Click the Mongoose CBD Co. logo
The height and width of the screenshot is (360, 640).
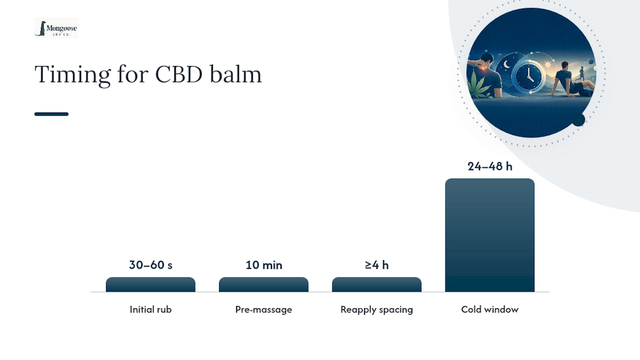click(56, 28)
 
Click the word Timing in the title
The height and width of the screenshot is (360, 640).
click(72, 75)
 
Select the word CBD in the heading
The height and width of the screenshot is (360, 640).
click(178, 74)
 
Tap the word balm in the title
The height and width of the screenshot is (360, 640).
click(235, 74)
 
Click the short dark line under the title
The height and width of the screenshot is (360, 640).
click(51, 114)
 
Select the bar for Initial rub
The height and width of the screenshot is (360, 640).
click(150, 284)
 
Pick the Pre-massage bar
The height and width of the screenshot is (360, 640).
click(263, 284)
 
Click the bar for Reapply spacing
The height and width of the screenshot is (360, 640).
click(376, 284)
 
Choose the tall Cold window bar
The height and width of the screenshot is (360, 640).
click(489, 235)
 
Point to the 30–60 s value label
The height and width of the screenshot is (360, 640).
click(150, 265)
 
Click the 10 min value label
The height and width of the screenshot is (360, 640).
click(263, 265)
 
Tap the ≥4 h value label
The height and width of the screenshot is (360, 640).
click(376, 265)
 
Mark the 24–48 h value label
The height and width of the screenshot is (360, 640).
click(489, 166)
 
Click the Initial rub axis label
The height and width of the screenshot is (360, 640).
click(150, 309)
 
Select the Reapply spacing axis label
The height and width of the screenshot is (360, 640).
click(376, 309)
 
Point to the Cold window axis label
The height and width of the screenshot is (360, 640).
click(489, 309)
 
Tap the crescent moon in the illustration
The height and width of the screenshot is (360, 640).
click(506, 64)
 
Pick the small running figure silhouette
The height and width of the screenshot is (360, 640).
click(581, 73)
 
